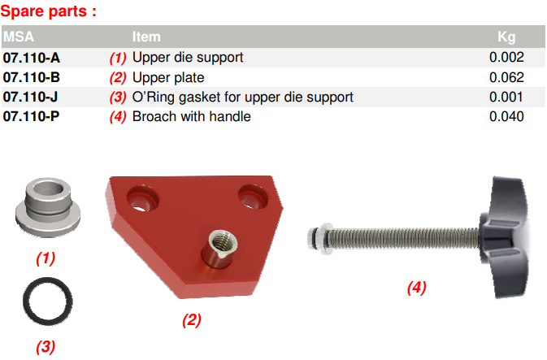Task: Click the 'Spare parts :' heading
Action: [49, 11]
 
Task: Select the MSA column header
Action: [19, 37]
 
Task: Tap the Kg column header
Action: [506, 37]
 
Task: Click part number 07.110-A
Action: [32, 58]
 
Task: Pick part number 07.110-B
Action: [32, 77]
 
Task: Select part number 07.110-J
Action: [30, 97]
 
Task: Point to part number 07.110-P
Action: [32, 116]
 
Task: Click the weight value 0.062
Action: [506, 77]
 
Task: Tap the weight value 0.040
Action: [506, 116]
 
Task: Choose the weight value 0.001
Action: [506, 97]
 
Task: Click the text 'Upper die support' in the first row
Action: [188, 58]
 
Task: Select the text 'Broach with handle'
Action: [192, 116]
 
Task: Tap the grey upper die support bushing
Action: [48, 207]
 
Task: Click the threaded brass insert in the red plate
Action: [222, 249]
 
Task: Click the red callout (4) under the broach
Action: [416, 288]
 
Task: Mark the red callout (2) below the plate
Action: [192, 320]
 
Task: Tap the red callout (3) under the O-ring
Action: [46, 347]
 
